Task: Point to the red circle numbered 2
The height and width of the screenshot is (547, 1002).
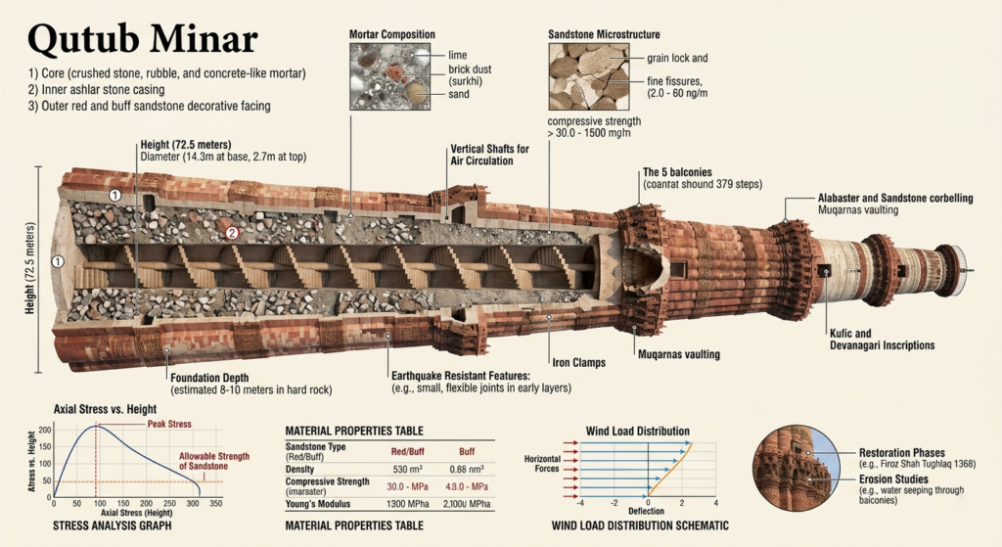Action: point(232,233)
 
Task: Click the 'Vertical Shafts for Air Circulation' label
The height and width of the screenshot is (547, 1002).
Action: point(489,155)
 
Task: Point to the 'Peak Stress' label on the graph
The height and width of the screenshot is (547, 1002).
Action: point(168,424)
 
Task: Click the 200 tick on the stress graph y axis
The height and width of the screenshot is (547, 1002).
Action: point(44,431)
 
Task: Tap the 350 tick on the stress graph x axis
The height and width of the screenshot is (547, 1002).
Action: point(215,503)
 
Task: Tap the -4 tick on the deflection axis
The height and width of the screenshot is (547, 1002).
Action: point(581,503)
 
